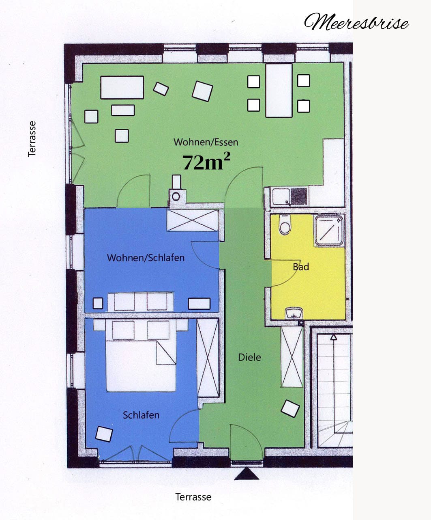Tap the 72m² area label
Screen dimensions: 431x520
pyautogui.click(x=206, y=162)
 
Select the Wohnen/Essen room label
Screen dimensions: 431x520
pyautogui.click(x=206, y=142)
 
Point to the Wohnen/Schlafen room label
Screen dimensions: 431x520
pyautogui.click(x=146, y=258)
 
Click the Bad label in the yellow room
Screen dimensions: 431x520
pyautogui.click(x=301, y=267)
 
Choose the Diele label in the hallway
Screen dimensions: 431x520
pyautogui.click(x=249, y=358)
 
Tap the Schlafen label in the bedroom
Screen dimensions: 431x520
pyautogui.click(x=141, y=415)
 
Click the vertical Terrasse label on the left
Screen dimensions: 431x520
pyautogui.click(x=32, y=139)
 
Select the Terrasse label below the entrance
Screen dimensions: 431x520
pyautogui.click(x=193, y=497)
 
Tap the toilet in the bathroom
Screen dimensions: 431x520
pyautogui.click(x=285, y=225)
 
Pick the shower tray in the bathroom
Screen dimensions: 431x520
pyautogui.click(x=329, y=231)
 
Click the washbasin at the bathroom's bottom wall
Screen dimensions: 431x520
pyautogui.click(x=294, y=313)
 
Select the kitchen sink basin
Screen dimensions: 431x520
pyautogui.click(x=281, y=196)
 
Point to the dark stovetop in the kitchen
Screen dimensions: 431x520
pyautogui.click(x=299, y=196)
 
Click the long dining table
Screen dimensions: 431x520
pyautogui.click(x=279, y=91)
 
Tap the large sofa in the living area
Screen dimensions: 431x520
pyautogui.click(x=122, y=88)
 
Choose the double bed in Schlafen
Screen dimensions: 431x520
pyautogui.click(x=141, y=356)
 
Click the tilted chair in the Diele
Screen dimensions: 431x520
pyautogui.click(x=290, y=408)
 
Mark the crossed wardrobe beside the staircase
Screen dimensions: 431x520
pyautogui.click(x=292, y=357)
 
